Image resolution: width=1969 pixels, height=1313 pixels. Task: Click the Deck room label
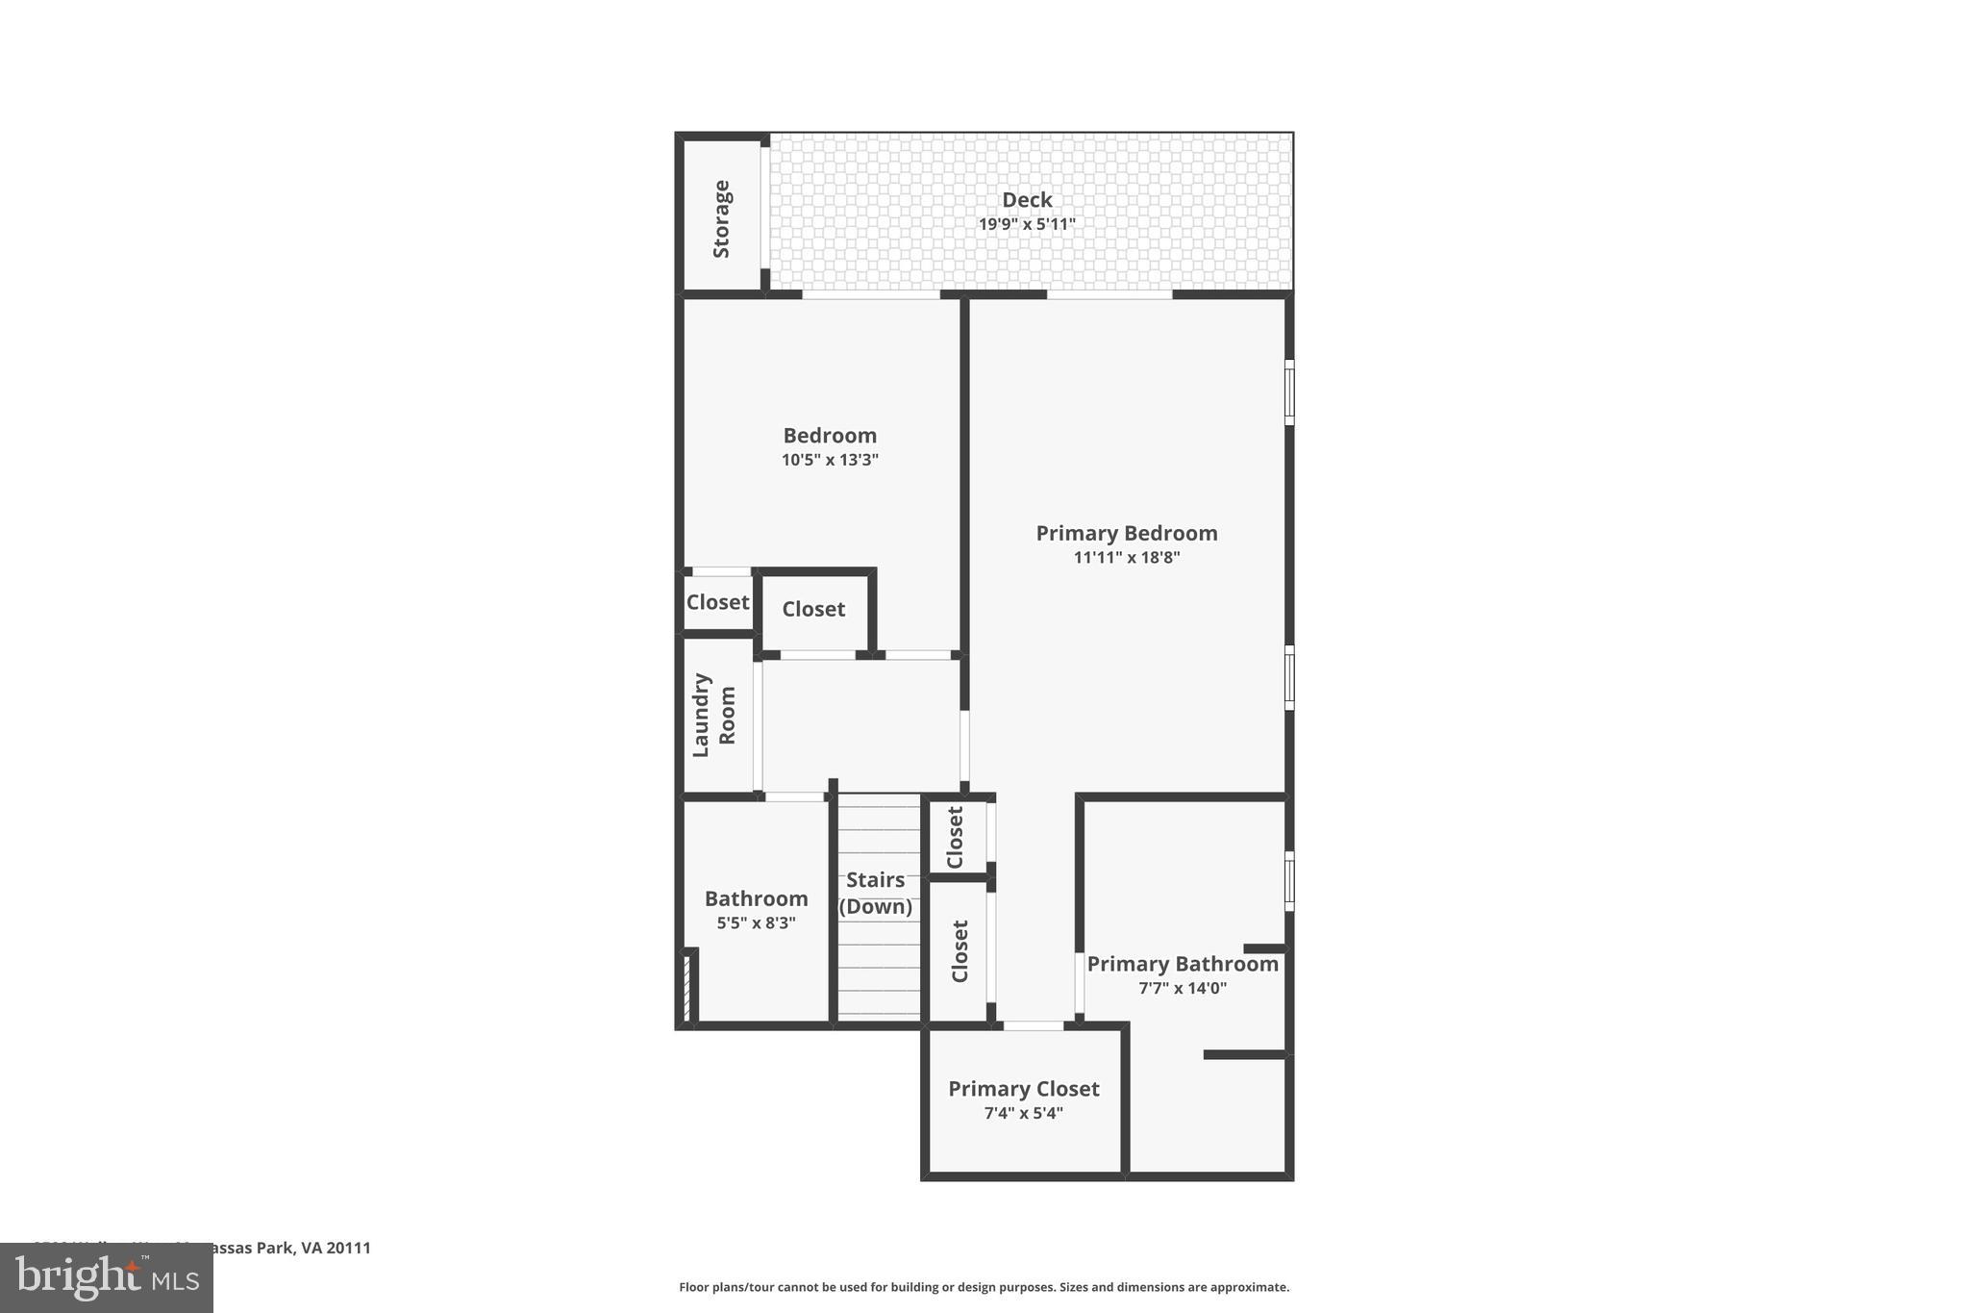pos(1027,200)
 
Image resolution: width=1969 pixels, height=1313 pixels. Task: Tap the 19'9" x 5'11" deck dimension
pos(1027,224)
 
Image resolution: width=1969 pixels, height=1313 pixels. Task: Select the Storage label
pos(721,218)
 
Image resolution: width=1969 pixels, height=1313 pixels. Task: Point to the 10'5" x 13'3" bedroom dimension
pos(830,460)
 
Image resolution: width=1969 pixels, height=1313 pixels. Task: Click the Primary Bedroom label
pos(1126,533)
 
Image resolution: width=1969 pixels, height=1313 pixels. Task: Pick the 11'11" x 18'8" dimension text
pos(1126,557)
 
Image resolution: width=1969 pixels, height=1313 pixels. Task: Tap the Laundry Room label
pos(713,715)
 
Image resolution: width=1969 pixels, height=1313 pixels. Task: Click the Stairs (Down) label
pos(875,893)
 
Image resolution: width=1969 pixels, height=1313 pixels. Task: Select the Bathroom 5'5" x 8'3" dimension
pos(756,923)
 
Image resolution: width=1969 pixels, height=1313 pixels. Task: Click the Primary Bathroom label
pos(1183,964)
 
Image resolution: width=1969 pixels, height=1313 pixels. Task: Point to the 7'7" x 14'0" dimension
pos(1183,988)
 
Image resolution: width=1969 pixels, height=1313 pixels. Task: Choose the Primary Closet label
pos(1023,1089)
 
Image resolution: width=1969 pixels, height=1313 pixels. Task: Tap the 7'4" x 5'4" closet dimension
pos(1023,1113)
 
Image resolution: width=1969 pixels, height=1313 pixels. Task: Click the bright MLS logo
pos(107,1278)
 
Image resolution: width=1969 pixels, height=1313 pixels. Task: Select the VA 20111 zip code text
pos(336,1248)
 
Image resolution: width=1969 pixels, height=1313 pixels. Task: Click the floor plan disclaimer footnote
pos(984,1287)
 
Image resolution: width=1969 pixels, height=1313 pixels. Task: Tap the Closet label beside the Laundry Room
pos(717,602)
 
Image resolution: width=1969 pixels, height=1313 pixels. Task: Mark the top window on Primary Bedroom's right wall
pos(1289,391)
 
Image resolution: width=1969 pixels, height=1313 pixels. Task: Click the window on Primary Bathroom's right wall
pos(1289,880)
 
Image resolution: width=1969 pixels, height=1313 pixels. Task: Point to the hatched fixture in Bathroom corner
pos(687,986)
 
